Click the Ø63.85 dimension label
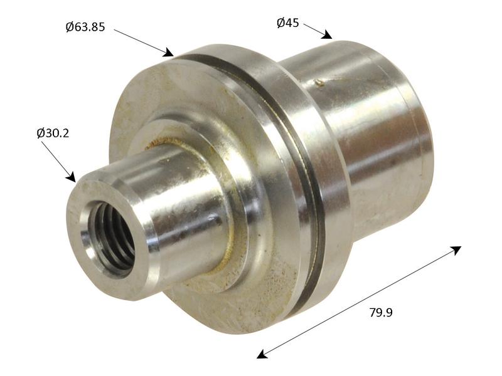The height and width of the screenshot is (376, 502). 85,27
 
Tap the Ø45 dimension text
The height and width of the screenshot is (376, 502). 288,23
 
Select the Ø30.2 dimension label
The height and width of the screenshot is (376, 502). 53,133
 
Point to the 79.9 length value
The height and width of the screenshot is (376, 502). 381,312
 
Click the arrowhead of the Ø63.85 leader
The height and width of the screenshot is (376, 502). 169,53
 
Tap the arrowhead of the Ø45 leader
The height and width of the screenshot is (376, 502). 327,34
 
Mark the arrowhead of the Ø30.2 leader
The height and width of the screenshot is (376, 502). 71,177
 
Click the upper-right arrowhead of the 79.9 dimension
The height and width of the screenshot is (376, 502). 456,250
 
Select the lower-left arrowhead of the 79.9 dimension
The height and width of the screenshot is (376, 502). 262,354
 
